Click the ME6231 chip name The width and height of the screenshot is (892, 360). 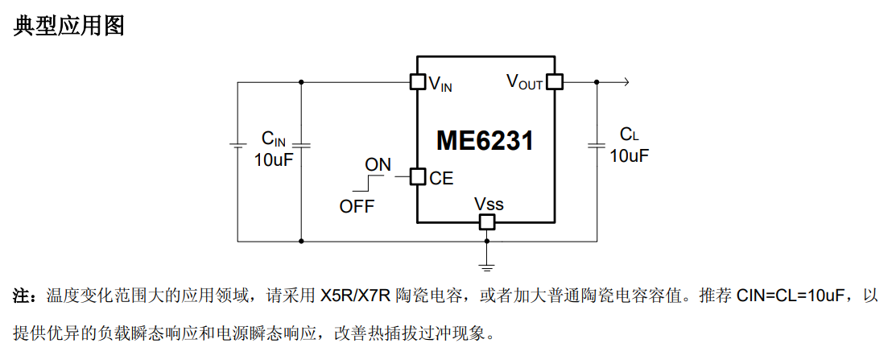(x=485, y=140)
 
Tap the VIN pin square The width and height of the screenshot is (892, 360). (x=418, y=82)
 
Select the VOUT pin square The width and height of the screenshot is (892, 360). (x=554, y=82)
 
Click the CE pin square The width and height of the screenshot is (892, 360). (x=418, y=177)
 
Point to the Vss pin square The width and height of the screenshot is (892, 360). (x=486, y=221)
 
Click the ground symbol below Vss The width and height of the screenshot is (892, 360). (x=486, y=265)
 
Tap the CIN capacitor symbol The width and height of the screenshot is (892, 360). (x=301, y=145)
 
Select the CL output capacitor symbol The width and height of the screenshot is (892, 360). (x=597, y=145)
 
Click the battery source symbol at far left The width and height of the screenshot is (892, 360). (x=237, y=145)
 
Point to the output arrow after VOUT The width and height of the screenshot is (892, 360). (x=613, y=82)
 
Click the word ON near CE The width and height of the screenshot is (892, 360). (x=378, y=165)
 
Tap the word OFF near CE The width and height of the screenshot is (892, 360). (x=357, y=206)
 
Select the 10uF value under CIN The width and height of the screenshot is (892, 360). (x=274, y=159)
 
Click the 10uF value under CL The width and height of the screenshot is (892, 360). (x=630, y=155)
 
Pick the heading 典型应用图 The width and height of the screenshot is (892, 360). (x=68, y=26)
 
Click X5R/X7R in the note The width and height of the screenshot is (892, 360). (x=356, y=296)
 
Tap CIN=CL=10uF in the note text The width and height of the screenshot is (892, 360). (x=794, y=296)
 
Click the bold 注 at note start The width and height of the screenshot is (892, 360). (x=20, y=296)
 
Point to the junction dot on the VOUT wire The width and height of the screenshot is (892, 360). (x=597, y=82)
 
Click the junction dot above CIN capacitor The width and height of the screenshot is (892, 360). (x=301, y=82)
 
